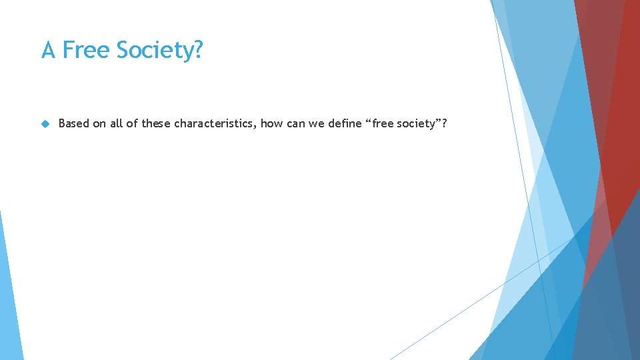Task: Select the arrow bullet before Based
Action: tap(45, 123)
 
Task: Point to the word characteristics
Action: tap(213, 123)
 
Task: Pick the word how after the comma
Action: tap(271, 123)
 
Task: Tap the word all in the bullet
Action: tap(118, 123)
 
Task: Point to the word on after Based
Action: tap(99, 123)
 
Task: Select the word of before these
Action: tap(133, 123)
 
